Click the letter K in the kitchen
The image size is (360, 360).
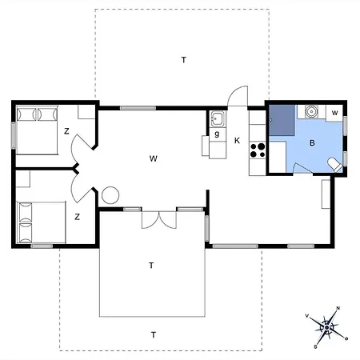click(238, 141)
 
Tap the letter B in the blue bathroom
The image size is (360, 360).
click(313, 143)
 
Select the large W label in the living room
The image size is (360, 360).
click(152, 158)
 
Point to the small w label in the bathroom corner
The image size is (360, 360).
click(335, 112)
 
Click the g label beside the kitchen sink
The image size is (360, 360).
click(216, 135)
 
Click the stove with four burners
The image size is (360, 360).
click(258, 148)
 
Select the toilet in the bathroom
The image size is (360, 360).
click(335, 164)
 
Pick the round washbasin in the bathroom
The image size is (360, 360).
click(311, 111)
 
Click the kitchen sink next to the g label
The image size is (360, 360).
click(216, 119)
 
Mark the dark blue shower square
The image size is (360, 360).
click(281, 120)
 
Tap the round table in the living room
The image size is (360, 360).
click(110, 194)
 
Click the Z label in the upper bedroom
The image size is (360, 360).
click(67, 130)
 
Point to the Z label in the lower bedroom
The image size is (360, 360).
click(77, 216)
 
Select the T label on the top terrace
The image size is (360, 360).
click(183, 60)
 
